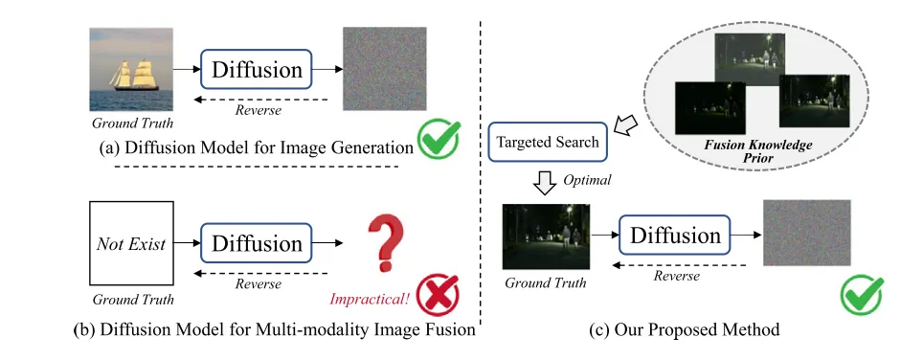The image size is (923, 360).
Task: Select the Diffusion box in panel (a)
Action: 256,69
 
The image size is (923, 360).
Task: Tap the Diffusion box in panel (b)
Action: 256,243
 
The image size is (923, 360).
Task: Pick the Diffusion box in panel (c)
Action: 675,236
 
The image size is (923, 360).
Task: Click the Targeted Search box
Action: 548,142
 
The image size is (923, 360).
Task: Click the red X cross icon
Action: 438,296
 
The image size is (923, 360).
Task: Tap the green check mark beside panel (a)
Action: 439,140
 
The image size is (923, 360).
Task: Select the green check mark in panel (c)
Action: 862,294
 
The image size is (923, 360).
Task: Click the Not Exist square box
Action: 131,243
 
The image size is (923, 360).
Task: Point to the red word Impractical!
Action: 369,298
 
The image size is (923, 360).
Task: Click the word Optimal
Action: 587,179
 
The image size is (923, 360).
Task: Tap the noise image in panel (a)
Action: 384,69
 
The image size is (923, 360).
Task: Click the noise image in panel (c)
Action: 807,234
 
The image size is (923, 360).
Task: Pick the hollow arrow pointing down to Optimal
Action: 545,183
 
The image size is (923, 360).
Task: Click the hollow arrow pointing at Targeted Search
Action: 625,124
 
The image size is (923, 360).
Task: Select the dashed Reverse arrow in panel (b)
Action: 260,273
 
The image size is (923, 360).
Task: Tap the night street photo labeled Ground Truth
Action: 546,236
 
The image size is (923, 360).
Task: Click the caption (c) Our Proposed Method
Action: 684,329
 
